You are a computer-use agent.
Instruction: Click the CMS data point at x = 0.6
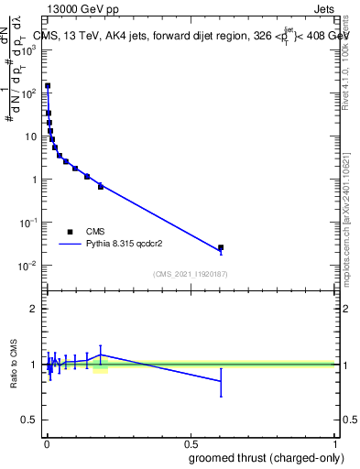221,247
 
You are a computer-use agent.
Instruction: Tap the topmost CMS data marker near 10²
48,86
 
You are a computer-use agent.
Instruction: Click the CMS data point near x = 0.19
101,186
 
